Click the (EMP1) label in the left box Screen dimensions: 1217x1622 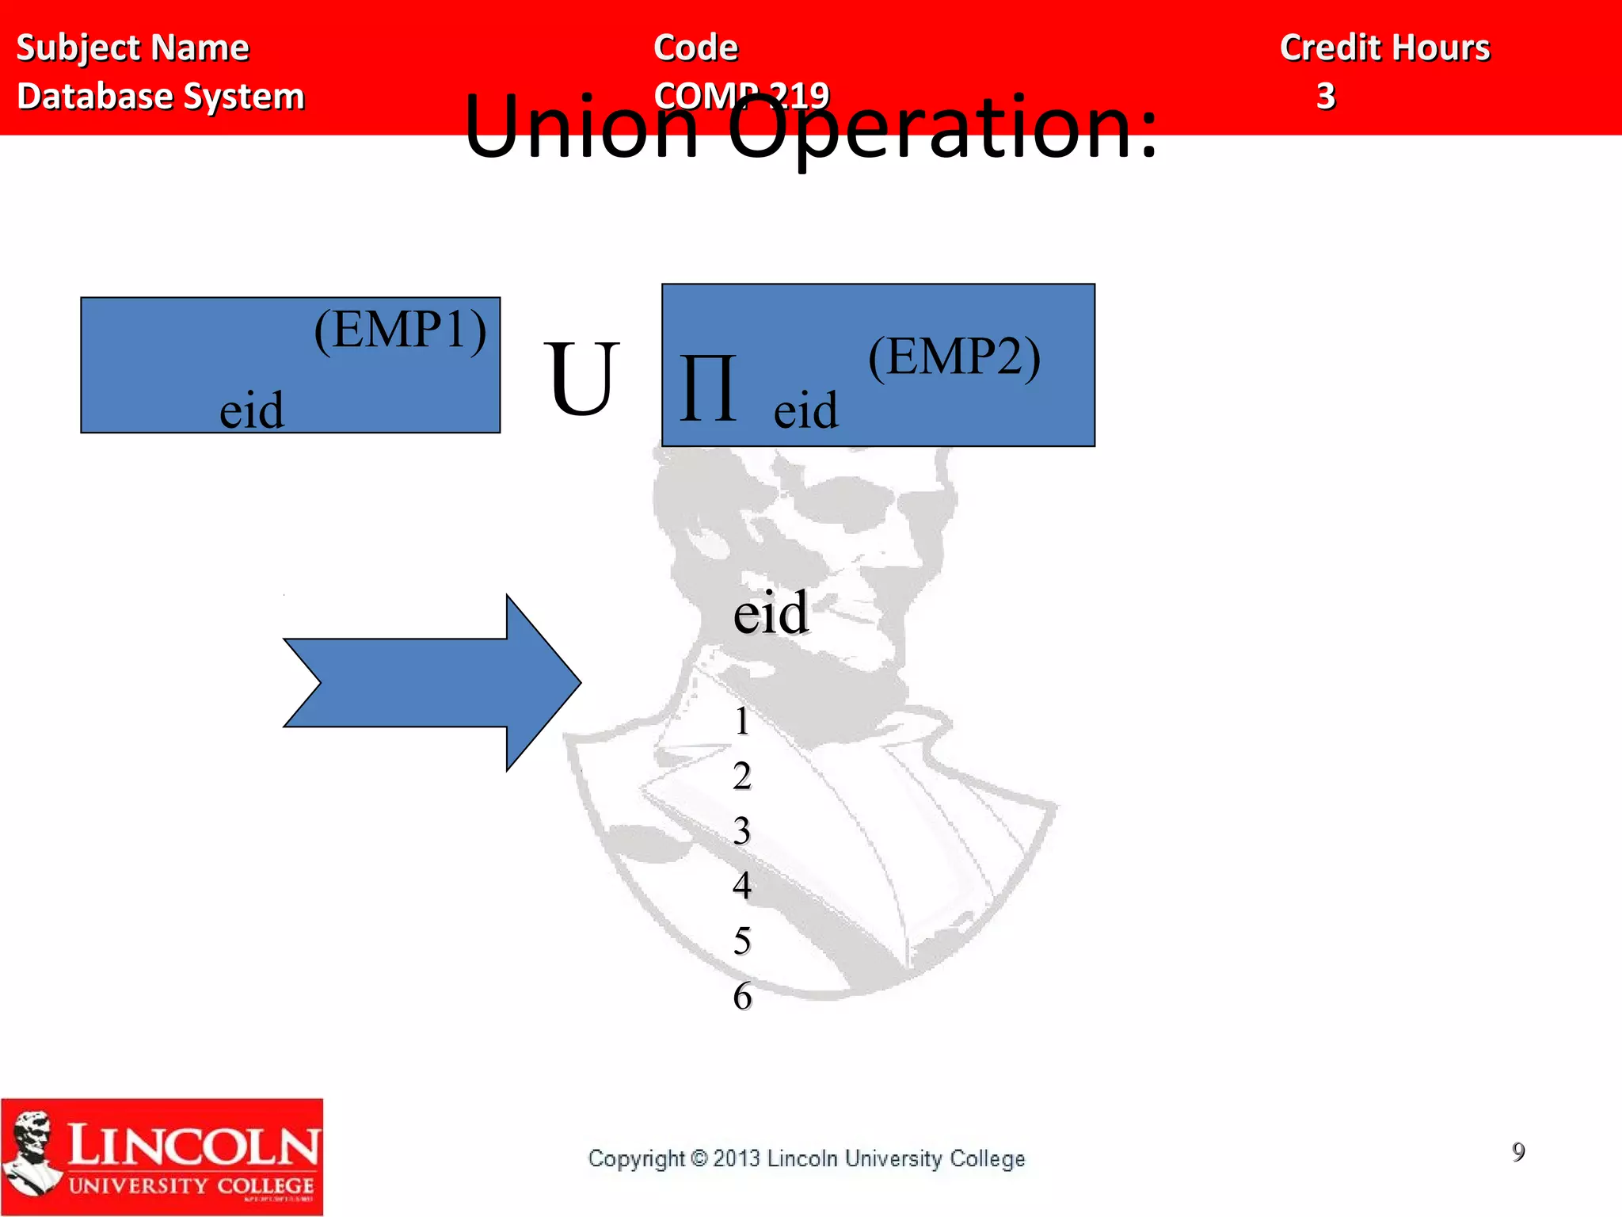(x=400, y=330)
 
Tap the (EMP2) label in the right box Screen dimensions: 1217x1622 (x=954, y=357)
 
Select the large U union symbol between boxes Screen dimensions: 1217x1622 (x=581, y=380)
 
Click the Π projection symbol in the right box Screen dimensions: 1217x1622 (x=707, y=389)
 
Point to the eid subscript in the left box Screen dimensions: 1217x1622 (x=251, y=410)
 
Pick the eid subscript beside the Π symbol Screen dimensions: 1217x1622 (x=805, y=410)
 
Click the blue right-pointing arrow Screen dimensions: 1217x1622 (x=432, y=682)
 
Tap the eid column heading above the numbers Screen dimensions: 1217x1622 (x=770, y=612)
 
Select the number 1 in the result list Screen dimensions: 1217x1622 (x=741, y=721)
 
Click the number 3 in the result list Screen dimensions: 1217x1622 (x=741, y=831)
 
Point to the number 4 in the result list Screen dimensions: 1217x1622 (x=741, y=885)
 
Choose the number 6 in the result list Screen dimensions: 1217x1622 (x=742, y=996)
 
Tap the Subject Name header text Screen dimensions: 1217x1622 (x=132, y=48)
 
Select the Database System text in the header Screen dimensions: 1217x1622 (x=161, y=97)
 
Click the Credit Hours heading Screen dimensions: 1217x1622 (x=1384, y=48)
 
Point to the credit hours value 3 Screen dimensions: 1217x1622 (x=1326, y=97)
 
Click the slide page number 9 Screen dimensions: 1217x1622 (x=1517, y=1151)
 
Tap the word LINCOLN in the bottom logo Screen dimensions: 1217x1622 (x=193, y=1146)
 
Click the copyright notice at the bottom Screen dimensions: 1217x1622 (x=806, y=1158)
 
